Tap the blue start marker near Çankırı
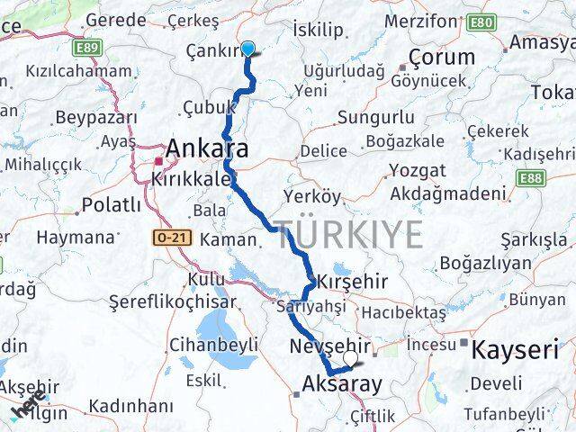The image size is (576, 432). (x=247, y=50)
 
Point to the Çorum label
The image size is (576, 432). (x=441, y=58)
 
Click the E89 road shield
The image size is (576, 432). (x=88, y=46)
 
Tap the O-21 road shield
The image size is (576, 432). (x=167, y=236)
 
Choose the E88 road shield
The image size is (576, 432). (x=561, y=178)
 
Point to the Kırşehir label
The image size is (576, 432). (x=356, y=282)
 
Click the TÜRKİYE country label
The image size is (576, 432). (x=348, y=235)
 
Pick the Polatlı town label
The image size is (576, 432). (x=111, y=205)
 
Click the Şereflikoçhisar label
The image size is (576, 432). (x=185, y=303)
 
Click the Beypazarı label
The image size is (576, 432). (x=95, y=117)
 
